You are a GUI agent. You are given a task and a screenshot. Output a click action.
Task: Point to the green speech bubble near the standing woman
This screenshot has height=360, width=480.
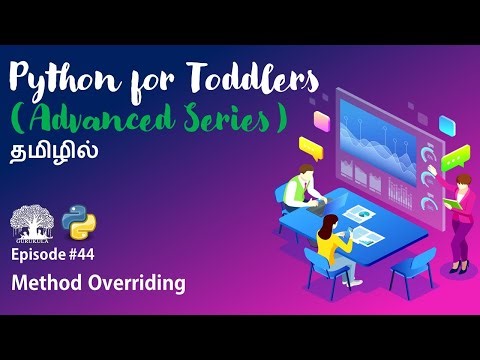[x=456, y=157]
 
